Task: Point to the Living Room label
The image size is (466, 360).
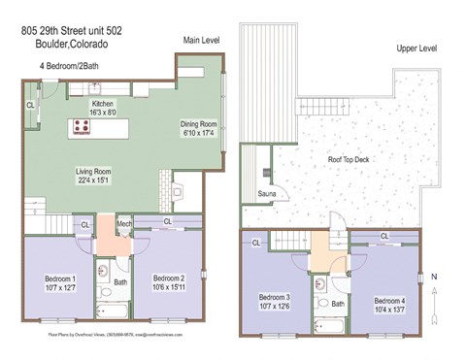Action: [x=94, y=177]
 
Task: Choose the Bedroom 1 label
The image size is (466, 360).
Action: [x=60, y=283]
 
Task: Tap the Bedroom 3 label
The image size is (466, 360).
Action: [x=275, y=302]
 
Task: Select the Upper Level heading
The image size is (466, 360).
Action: [x=415, y=48]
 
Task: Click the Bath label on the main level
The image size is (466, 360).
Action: [x=120, y=283]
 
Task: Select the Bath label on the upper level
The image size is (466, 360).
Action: [x=337, y=303]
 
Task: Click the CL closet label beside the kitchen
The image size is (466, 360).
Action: [x=30, y=105]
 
